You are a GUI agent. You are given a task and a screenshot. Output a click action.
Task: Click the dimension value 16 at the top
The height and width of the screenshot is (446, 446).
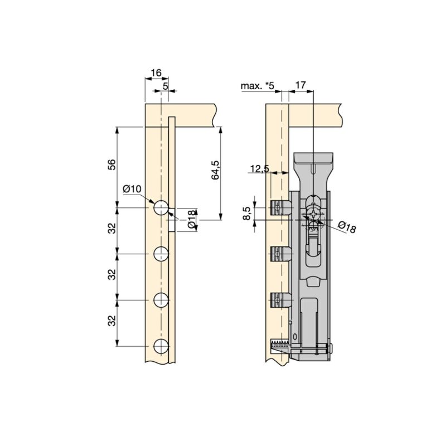click(x=156, y=73)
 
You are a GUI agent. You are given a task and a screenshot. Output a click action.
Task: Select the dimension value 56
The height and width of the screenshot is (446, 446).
click(x=113, y=164)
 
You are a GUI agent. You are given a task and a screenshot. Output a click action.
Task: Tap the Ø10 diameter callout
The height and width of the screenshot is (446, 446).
click(x=132, y=188)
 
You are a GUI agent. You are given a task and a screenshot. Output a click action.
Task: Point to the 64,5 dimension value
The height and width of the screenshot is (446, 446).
click(x=215, y=170)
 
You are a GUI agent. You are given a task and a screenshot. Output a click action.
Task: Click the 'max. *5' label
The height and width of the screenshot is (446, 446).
click(x=258, y=86)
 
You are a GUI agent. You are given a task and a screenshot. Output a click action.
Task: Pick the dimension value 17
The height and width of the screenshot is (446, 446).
click(x=300, y=85)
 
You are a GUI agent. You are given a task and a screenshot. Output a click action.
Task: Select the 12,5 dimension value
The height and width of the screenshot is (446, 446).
click(x=259, y=168)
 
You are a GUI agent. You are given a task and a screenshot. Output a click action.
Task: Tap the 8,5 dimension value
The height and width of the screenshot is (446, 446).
click(x=247, y=214)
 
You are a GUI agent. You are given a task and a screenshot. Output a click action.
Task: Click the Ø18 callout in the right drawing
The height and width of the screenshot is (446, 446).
click(x=347, y=227)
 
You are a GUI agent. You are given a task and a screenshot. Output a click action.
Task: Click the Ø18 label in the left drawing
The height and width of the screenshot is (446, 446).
click(x=192, y=220)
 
